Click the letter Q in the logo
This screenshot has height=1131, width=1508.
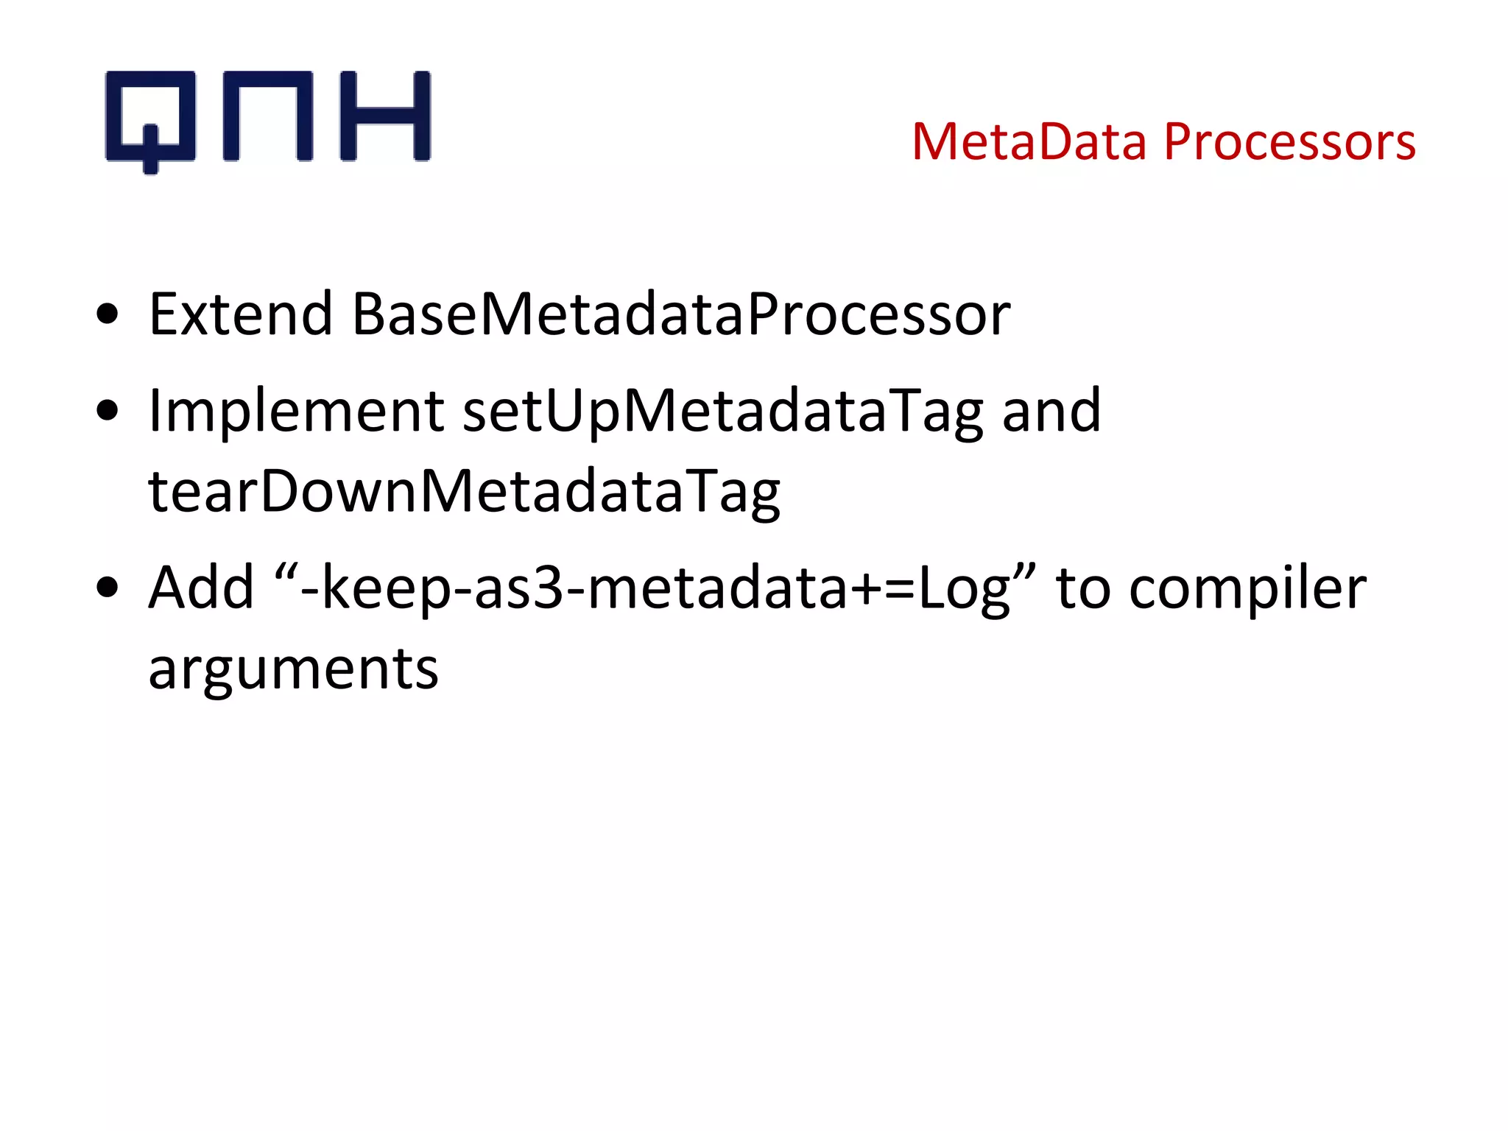coord(151,118)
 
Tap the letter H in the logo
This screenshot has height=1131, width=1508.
coord(384,116)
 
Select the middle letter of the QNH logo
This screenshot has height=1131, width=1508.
coord(268,116)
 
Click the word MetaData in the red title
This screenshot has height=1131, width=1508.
coord(1029,141)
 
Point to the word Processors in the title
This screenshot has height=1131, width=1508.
coord(1289,141)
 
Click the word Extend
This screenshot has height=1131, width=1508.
coord(241,314)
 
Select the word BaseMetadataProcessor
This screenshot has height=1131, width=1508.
coord(681,314)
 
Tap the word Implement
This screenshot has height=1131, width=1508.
coord(296,412)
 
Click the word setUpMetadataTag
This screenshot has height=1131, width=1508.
coord(722,412)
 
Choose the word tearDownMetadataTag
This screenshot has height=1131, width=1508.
coord(464,492)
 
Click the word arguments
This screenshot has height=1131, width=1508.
coord(293,670)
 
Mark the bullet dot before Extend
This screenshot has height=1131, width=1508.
coord(108,314)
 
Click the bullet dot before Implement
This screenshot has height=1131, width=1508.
coord(108,411)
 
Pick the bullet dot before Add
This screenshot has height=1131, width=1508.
coord(108,588)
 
